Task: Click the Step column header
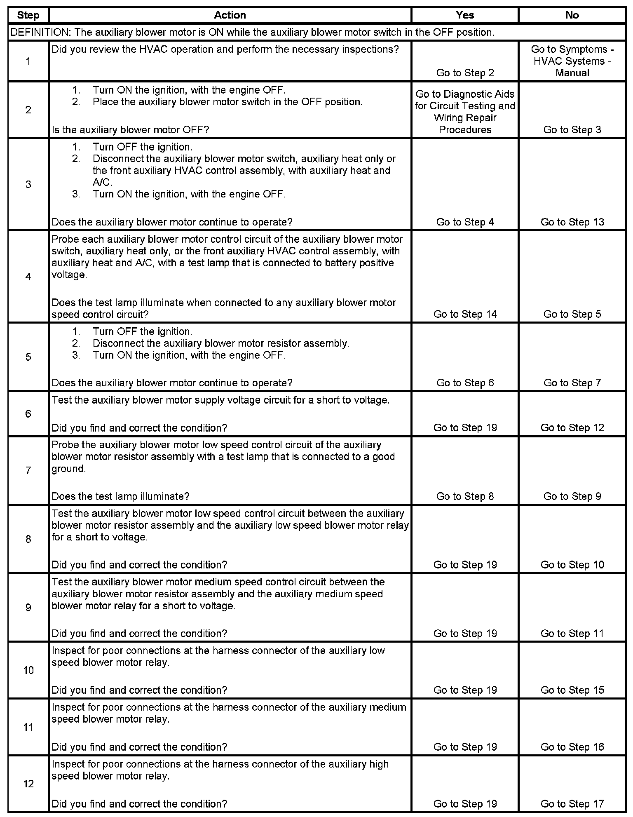28,15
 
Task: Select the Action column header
230,15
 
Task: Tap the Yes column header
465,15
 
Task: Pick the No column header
572,15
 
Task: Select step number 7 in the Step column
28,470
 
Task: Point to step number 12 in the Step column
28,784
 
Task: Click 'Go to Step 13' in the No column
572,222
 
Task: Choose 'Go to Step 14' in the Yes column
465,314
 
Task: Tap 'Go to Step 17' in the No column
572,803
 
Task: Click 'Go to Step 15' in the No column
572,690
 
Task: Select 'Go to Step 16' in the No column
572,747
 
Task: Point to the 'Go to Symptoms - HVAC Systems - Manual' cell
572,61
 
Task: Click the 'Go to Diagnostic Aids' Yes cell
465,112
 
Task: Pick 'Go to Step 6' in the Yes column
465,383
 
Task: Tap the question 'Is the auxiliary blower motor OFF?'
130,130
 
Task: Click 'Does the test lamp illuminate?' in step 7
120,496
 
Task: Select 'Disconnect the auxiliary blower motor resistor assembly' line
220,343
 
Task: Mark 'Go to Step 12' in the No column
572,427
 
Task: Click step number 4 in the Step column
28,277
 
